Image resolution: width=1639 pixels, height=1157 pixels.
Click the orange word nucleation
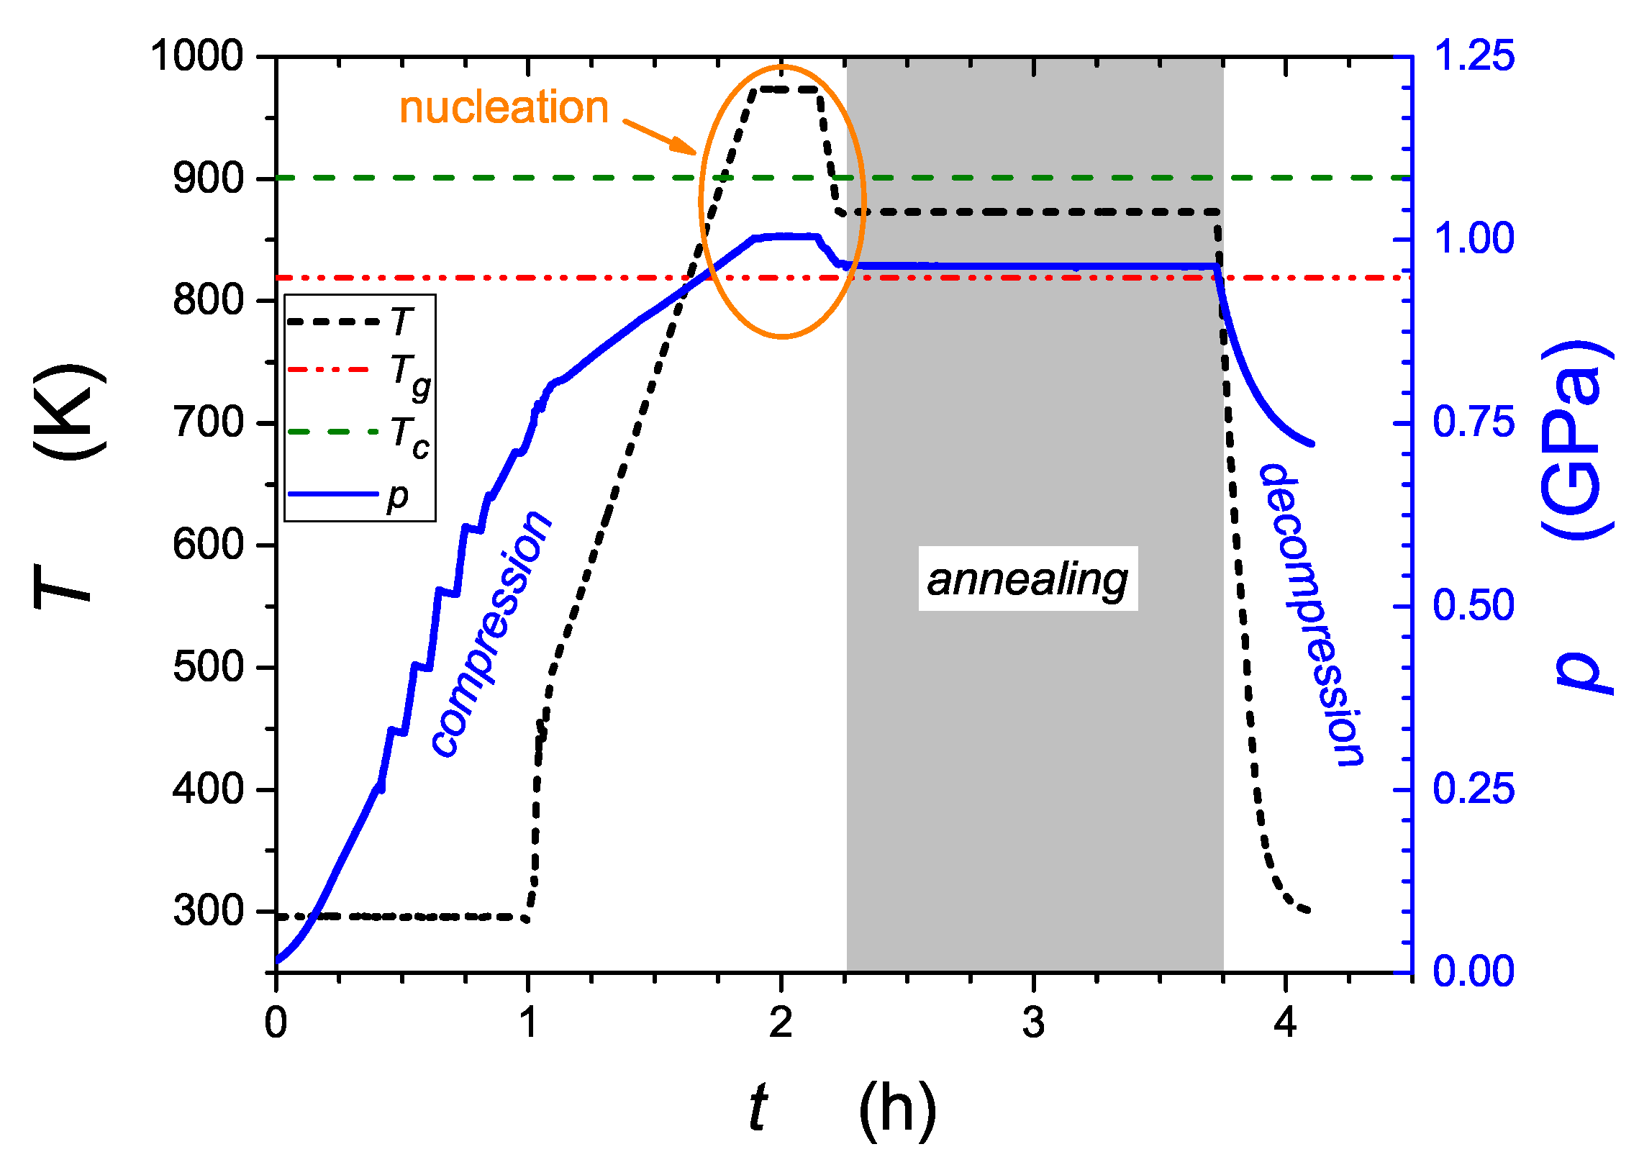(504, 108)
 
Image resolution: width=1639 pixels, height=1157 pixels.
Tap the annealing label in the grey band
(1027, 580)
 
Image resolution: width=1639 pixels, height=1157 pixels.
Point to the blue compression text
(491, 633)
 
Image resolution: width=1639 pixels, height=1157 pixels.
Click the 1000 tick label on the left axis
(197, 55)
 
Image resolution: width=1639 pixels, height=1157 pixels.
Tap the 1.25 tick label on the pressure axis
(1474, 55)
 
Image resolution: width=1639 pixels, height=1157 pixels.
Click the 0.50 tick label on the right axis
(1474, 605)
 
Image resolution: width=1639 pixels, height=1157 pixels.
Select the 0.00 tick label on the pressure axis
(1474, 971)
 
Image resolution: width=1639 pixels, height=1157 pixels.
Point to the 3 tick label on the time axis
(1033, 1022)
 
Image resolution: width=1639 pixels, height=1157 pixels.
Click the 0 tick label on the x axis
(276, 1022)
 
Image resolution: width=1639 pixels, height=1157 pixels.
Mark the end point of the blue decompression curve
(1312, 444)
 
